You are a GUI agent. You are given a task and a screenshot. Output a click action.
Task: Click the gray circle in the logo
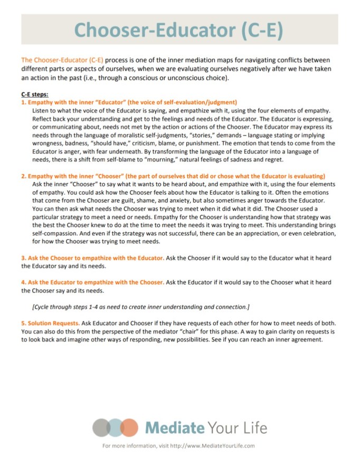pos(101,427)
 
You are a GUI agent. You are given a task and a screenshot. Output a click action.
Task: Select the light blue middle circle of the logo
pos(115,427)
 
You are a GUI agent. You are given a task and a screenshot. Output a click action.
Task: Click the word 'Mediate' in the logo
pos(170,427)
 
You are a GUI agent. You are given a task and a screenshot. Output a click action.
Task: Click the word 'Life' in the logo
pos(253,427)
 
